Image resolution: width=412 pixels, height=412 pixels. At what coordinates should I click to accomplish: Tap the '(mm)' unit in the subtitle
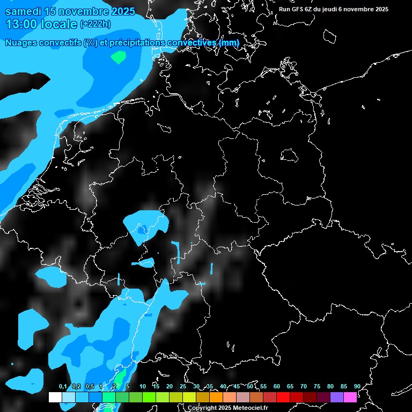(229, 42)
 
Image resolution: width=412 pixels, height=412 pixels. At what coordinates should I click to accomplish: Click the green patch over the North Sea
(118, 56)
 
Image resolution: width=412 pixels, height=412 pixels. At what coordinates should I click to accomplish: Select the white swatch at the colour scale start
(55, 398)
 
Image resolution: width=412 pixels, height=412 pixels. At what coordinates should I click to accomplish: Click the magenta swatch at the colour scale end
(350, 398)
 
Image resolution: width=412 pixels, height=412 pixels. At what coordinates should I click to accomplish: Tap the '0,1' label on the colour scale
(63, 387)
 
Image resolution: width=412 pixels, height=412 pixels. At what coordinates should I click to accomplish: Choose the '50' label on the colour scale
(250, 387)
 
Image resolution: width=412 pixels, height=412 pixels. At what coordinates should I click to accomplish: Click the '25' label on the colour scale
(183, 387)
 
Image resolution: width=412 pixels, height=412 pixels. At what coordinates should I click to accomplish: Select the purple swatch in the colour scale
(337, 398)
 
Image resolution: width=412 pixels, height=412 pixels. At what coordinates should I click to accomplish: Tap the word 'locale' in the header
(61, 24)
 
